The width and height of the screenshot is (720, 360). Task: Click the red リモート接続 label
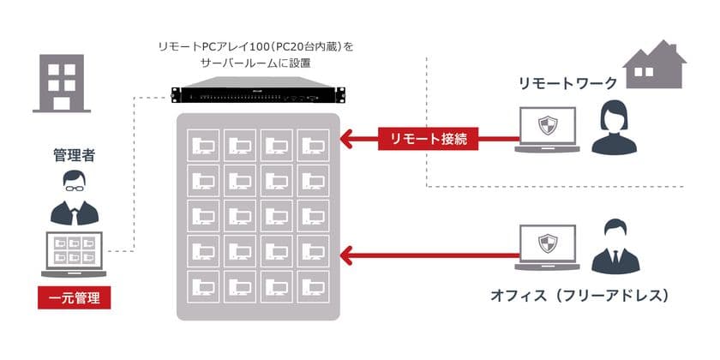[429, 138]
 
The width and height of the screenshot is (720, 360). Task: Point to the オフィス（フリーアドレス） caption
[579, 296]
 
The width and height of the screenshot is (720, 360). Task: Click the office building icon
[62, 84]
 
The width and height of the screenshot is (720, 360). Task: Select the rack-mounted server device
[258, 96]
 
